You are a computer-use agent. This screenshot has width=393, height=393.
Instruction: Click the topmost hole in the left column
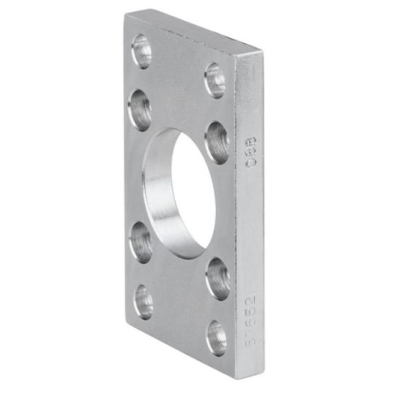(x=141, y=52)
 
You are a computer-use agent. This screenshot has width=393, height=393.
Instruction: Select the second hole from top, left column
(x=140, y=109)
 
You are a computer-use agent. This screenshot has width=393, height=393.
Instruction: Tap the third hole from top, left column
(x=141, y=242)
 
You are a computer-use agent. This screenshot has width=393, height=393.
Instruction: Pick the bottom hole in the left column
(x=143, y=301)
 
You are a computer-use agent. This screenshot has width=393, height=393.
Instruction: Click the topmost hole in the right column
(x=215, y=80)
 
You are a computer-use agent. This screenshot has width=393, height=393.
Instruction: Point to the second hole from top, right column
(x=217, y=143)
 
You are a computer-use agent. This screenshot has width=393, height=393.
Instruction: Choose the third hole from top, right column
(x=218, y=278)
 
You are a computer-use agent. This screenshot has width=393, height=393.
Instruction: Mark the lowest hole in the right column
(x=217, y=337)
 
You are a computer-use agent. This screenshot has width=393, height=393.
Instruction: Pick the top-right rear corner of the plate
(x=262, y=52)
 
